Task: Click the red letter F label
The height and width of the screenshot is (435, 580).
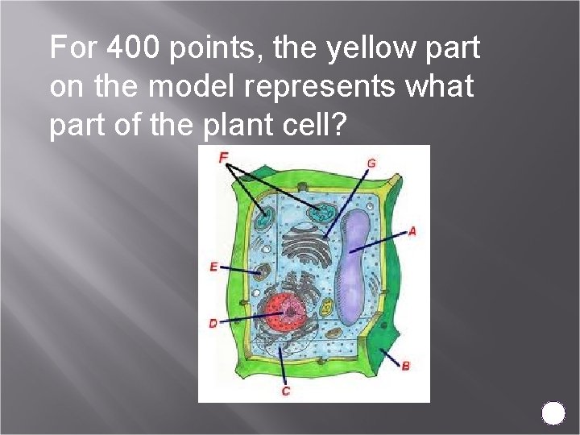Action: (223, 157)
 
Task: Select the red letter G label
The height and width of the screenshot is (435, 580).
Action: (371, 163)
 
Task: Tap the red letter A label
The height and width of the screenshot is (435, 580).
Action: (412, 231)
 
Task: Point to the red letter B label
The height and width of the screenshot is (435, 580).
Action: (405, 366)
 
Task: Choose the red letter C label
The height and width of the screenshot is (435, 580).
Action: (286, 391)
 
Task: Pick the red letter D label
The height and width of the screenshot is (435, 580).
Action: (213, 323)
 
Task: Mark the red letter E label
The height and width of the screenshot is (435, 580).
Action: (213, 267)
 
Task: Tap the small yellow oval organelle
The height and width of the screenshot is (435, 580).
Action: (327, 307)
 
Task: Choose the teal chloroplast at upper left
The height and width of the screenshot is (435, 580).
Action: (263, 218)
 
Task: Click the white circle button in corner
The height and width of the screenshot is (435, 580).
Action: (553, 413)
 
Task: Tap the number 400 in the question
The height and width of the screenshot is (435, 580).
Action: (133, 48)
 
